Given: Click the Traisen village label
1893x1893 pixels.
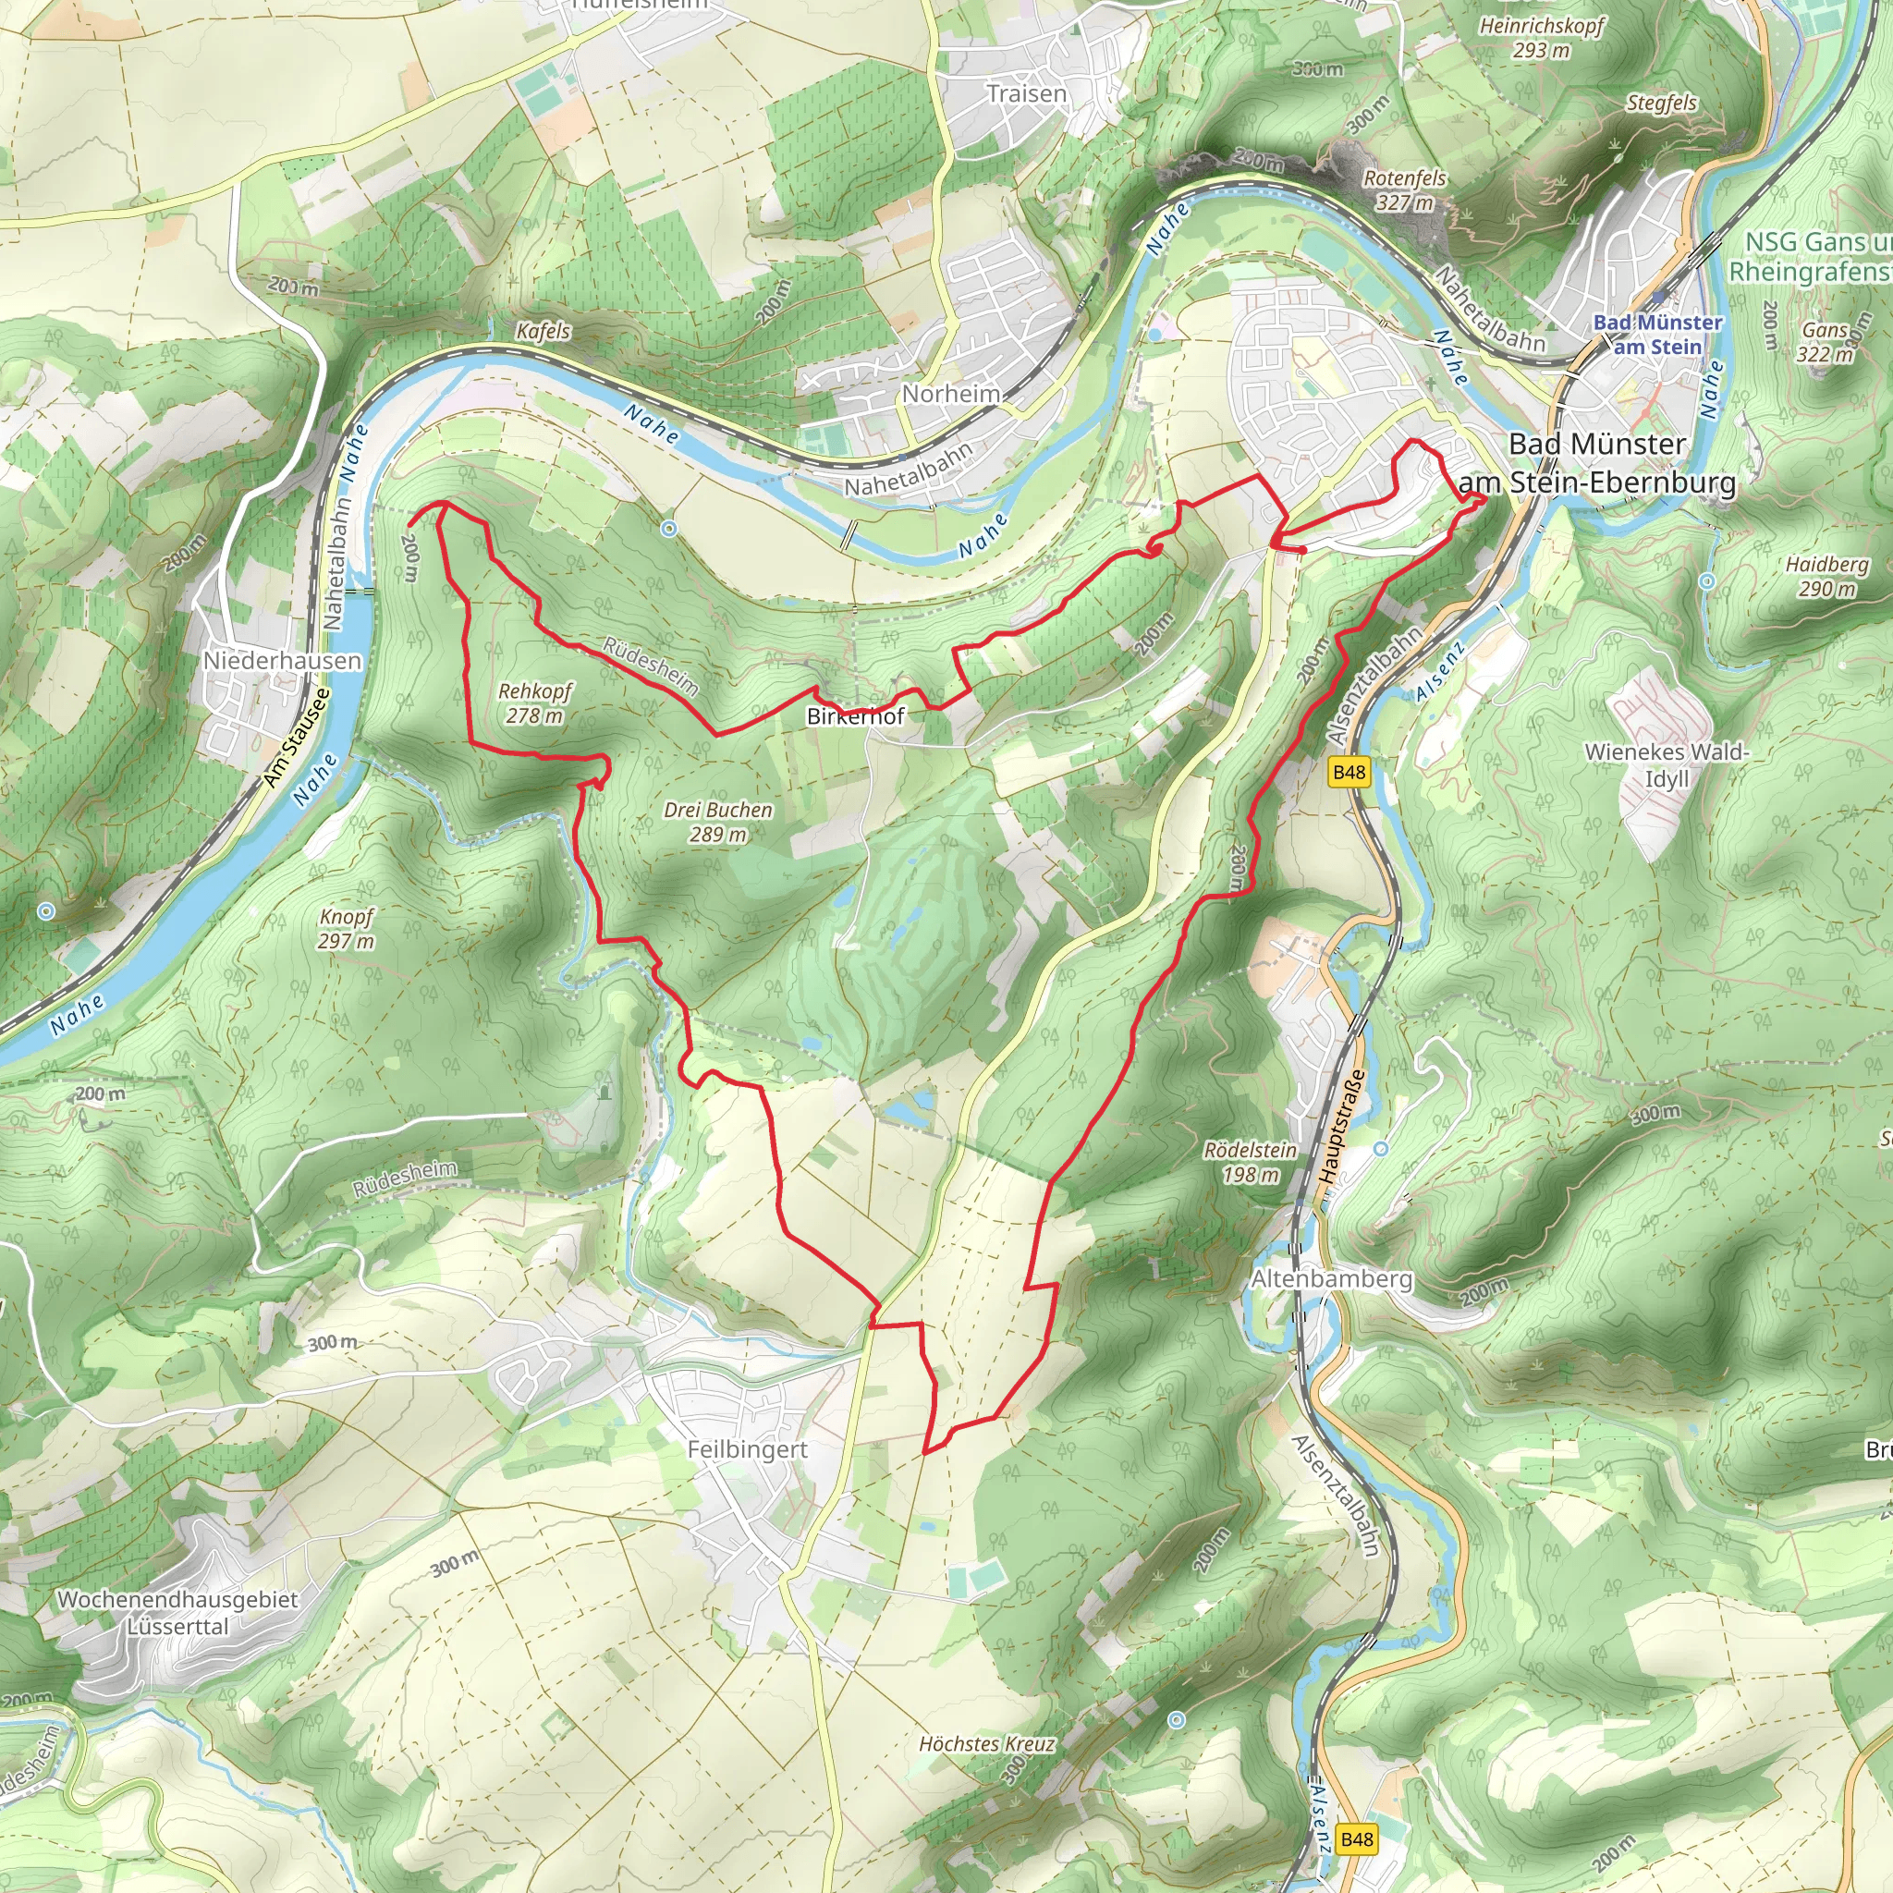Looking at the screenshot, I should point(1026,94).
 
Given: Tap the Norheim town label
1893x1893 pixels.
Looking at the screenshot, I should point(950,394).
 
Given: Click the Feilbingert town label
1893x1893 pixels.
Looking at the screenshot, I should point(748,1449).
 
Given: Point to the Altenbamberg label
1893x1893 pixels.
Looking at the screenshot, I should point(1332,1278).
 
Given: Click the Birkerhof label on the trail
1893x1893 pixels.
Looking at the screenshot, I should point(854,716).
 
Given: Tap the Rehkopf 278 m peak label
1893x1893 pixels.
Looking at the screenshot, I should point(535,703).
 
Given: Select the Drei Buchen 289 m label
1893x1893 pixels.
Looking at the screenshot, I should point(718,822).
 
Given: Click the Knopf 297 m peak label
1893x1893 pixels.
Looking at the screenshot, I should point(346,929).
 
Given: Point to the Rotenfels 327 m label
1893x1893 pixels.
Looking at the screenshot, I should point(1404,190).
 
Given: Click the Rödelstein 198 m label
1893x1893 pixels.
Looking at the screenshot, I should point(1250,1161).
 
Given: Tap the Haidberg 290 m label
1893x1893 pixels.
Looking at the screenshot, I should point(1826,576).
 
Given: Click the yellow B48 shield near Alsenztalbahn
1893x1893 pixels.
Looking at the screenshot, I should point(1350,772).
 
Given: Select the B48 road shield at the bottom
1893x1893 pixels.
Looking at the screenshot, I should point(1356,1839).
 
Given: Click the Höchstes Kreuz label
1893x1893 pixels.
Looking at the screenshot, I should point(986,1744).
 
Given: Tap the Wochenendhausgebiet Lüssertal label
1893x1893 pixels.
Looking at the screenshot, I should point(177,1613).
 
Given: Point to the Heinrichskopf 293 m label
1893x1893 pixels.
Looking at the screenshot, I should point(1541,37).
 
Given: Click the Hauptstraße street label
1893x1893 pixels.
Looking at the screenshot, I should point(1341,1127).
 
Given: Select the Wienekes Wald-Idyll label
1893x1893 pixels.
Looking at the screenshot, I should point(1667,765).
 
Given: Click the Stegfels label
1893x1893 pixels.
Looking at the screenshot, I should point(1662,103).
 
